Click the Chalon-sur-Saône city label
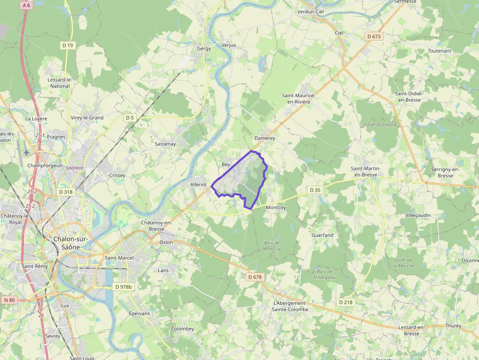tap(67, 243)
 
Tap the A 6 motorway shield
tap(26, 5)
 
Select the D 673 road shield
tap(374, 37)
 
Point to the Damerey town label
tap(265, 138)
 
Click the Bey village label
tap(226, 165)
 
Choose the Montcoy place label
tap(276, 207)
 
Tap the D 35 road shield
tap(315, 190)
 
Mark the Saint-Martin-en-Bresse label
tap(366, 171)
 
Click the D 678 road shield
tap(255, 277)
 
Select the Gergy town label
tap(204, 48)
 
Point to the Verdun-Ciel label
tap(311, 11)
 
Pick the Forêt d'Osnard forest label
tap(380, 125)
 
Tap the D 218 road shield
tap(346, 302)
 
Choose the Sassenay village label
tap(165, 144)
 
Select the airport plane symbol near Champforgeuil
tap(26, 152)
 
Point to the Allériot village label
tap(198, 184)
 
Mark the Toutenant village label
tap(439, 51)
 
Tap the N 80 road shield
tap(9, 299)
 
